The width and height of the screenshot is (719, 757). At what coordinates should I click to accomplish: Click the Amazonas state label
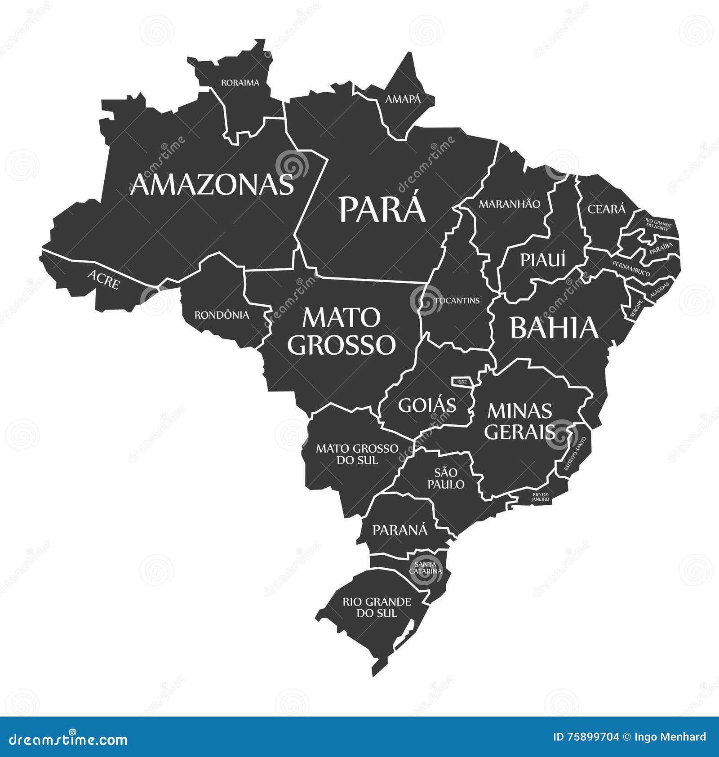[x=212, y=185]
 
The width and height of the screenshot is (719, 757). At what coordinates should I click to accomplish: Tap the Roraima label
[x=240, y=83]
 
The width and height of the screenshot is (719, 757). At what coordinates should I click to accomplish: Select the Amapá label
[x=403, y=99]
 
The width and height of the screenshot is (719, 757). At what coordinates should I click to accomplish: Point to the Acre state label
[x=104, y=279]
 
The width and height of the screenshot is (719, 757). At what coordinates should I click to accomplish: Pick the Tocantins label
[x=457, y=300]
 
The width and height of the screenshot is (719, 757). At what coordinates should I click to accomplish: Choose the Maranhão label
[x=509, y=204]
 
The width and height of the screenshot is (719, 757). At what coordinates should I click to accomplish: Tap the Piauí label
[x=542, y=260]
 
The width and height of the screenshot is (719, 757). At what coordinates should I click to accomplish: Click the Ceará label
[x=606, y=209]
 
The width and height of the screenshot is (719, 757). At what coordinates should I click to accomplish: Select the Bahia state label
[x=554, y=328]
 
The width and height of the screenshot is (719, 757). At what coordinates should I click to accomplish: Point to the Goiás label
[x=427, y=405]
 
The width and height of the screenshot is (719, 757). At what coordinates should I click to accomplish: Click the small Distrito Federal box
[x=463, y=382]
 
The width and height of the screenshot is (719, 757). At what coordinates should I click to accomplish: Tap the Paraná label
[x=400, y=530]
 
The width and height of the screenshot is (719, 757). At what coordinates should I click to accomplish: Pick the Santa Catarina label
[x=425, y=568]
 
